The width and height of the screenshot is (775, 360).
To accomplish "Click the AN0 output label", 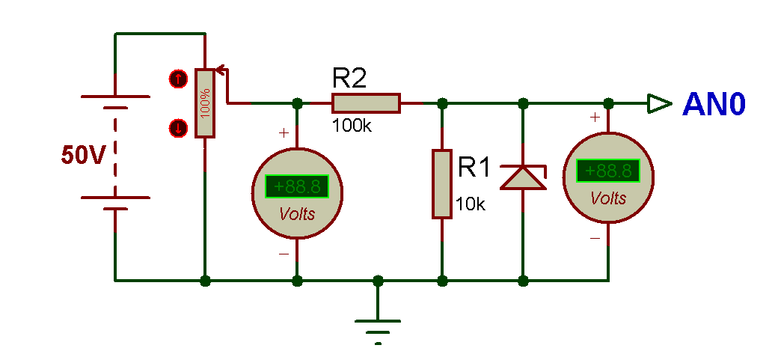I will pyautogui.click(x=714, y=105).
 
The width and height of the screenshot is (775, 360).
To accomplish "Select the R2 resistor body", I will pyautogui.click(x=366, y=103).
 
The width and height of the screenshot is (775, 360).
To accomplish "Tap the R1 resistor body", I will pyautogui.click(x=442, y=184).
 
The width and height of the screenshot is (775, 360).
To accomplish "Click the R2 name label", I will pyautogui.click(x=350, y=78).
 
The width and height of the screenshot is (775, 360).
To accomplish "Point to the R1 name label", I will pyautogui.click(x=474, y=167).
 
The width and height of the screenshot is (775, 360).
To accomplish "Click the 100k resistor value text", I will pyautogui.click(x=352, y=126).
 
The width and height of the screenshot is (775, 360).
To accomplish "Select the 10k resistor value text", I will pyautogui.click(x=471, y=204).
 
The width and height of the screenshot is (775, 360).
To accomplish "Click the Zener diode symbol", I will pyautogui.click(x=523, y=177).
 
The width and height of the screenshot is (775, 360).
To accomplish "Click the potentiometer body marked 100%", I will pyautogui.click(x=205, y=103).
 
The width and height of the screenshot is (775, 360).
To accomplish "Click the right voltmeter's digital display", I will pyautogui.click(x=608, y=171).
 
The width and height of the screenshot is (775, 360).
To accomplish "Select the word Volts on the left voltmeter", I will pyautogui.click(x=297, y=214).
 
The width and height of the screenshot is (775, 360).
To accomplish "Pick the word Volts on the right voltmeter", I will pyautogui.click(x=608, y=198).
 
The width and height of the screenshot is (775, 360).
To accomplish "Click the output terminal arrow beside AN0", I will pyautogui.click(x=659, y=103).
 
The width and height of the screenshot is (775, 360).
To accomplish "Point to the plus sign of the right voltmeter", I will pyautogui.click(x=595, y=117).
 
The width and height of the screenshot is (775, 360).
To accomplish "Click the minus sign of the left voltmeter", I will pyautogui.click(x=284, y=254).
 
